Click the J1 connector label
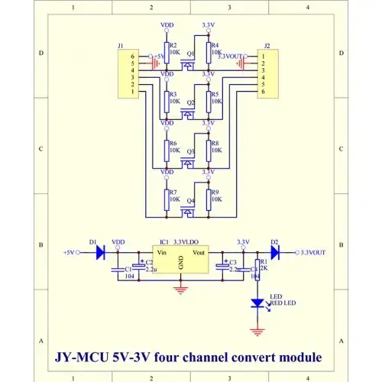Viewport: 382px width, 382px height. pyautogui.click(x=121, y=46)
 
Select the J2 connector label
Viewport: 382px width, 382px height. pyautogui.click(x=266, y=46)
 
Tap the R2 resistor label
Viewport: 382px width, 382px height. pyautogui.click(x=174, y=45)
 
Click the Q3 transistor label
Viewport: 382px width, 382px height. pyautogui.click(x=190, y=151)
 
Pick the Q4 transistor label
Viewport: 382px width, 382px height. pyautogui.click(x=190, y=200)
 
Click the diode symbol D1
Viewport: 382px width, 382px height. pyautogui.click(x=100, y=251)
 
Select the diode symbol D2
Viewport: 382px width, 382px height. pyautogui.click(x=276, y=251)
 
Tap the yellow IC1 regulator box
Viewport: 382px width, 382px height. pyautogui.click(x=181, y=261)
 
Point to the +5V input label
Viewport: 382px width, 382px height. pyautogui.click(x=70, y=251)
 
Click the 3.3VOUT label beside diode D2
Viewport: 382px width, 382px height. pyautogui.click(x=313, y=251)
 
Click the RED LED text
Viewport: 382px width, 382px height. pyautogui.click(x=283, y=303)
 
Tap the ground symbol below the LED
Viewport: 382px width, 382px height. pyautogui.click(x=257, y=330)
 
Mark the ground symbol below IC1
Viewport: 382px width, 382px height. pyautogui.click(x=181, y=289)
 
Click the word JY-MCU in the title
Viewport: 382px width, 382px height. pyautogui.click(x=84, y=357)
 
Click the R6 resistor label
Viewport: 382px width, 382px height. pyautogui.click(x=173, y=143)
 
